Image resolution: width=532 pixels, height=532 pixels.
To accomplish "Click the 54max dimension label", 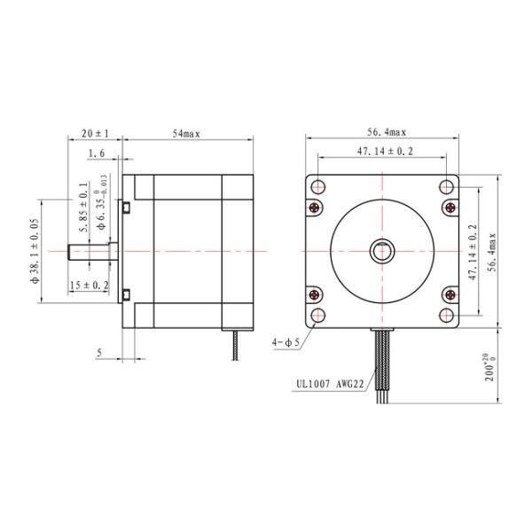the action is point(186,134).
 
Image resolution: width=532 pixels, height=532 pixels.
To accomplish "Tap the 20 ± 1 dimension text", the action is point(96,133).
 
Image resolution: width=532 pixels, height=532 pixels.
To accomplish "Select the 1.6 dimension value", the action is point(97,153).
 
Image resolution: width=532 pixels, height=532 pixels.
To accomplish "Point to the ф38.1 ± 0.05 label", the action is point(35,251).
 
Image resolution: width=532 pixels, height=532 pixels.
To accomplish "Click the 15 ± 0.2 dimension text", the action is point(90,285).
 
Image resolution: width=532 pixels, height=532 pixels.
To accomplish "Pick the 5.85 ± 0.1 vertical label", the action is point(83,207).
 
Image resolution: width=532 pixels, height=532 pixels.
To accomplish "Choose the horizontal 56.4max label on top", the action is point(387,132).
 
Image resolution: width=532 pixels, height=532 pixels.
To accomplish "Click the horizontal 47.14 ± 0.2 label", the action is point(385,152).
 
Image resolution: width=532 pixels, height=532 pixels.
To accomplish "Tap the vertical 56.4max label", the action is point(492,252).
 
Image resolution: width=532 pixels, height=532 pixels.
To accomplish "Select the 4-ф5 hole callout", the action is point(286,342).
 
